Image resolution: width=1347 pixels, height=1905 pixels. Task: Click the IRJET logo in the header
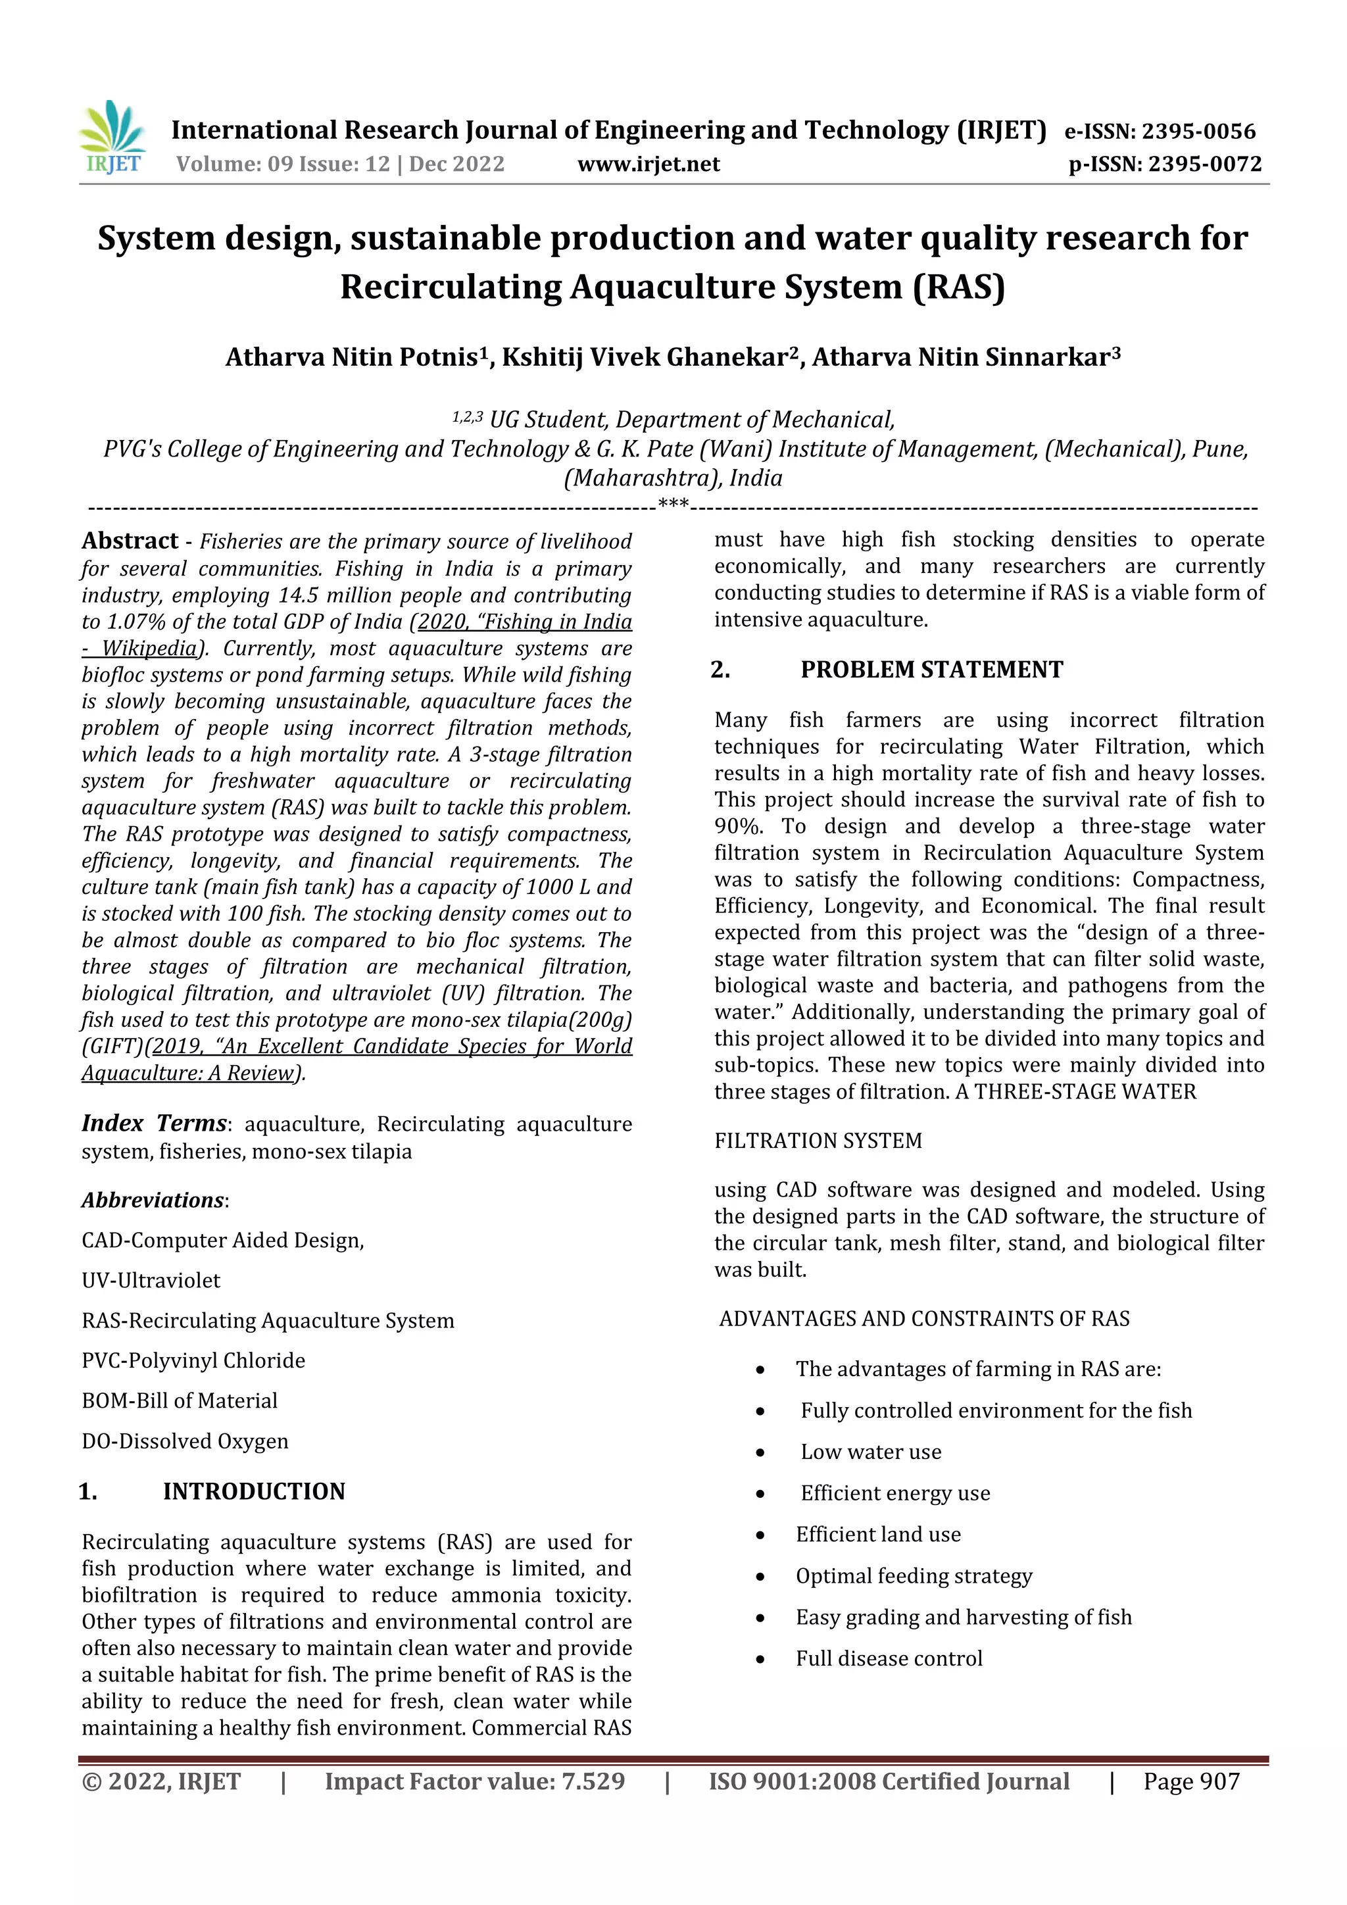113,137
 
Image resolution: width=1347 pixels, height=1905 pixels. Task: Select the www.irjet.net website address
649,164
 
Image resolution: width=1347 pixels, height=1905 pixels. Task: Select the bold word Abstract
130,541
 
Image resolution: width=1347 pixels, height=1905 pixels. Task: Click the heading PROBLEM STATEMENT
931,670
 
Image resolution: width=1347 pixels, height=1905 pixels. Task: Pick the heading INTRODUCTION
254,1491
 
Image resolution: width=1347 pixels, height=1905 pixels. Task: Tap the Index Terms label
155,1124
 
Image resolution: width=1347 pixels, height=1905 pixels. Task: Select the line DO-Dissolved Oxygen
185,1441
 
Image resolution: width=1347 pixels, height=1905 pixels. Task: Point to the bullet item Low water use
870,1451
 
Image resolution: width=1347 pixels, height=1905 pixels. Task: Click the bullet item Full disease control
889,1658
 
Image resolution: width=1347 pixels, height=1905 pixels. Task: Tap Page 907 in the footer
1191,1781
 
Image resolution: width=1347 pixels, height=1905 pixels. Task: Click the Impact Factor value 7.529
593,1781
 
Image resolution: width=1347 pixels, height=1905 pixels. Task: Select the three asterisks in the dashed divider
673,503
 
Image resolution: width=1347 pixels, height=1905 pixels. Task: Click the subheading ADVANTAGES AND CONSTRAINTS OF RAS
924,1318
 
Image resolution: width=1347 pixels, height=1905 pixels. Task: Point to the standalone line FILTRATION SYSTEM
818,1140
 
